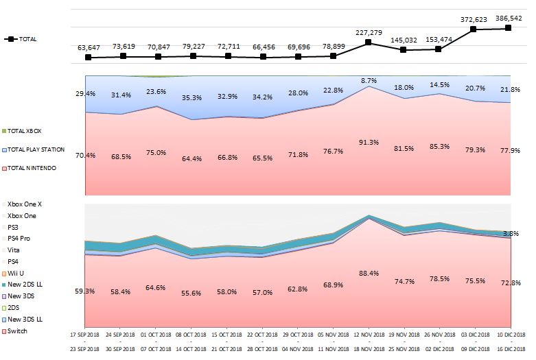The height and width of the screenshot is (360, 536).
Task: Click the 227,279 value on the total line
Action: (369, 32)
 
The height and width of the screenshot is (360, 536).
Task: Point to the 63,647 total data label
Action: (88, 47)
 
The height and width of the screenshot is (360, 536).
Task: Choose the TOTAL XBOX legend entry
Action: (26, 130)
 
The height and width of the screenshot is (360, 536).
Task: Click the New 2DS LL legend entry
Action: (24, 285)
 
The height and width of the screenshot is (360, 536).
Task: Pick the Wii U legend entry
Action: (16, 273)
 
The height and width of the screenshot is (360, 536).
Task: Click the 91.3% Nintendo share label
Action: (369, 143)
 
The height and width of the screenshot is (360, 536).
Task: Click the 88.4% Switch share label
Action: (369, 273)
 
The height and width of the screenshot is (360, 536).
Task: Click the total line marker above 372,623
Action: (474, 29)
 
